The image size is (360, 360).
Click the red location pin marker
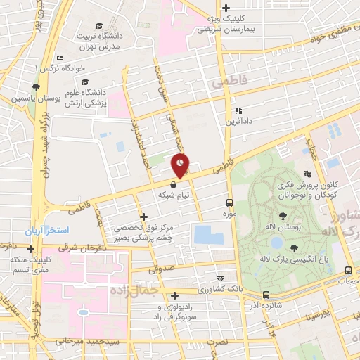(181, 165)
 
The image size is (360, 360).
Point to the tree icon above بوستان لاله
(283, 217)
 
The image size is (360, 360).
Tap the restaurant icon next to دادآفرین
(238, 110)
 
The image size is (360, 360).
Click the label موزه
(228, 212)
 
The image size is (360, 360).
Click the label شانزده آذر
(265, 307)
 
